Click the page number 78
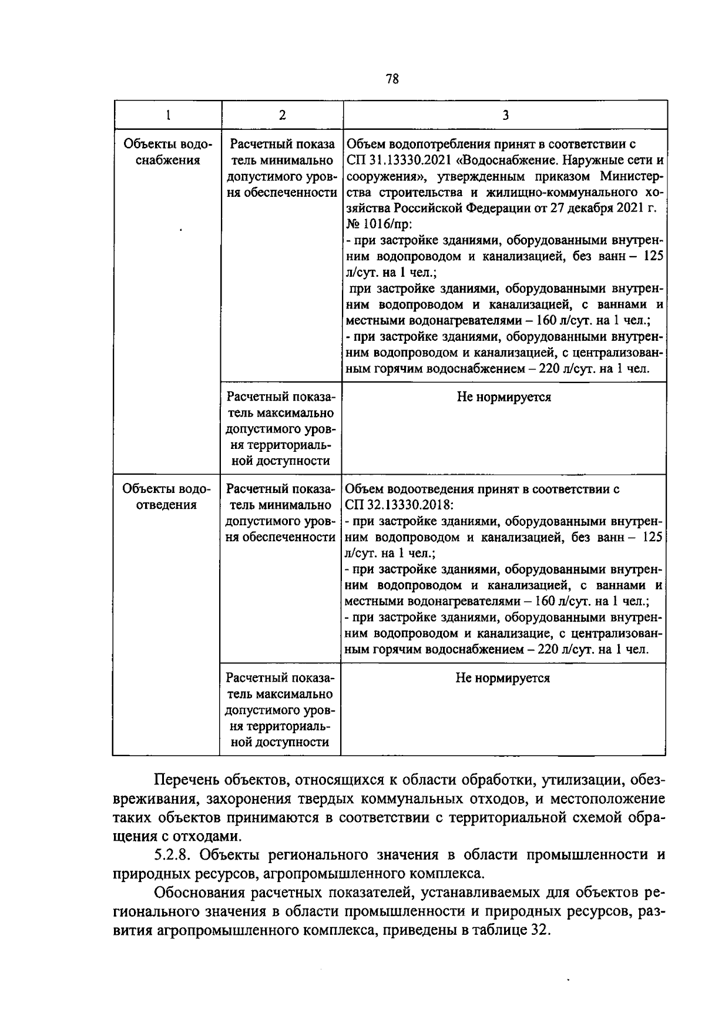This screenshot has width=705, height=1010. [392, 79]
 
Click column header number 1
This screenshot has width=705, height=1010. [167, 115]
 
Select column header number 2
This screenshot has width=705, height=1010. [282, 115]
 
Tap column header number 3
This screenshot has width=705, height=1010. [505, 115]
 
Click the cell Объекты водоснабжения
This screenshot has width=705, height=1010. [167, 152]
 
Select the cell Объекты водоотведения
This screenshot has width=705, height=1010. [166, 497]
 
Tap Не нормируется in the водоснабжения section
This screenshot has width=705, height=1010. [504, 397]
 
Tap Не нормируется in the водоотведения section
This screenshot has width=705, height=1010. [502, 678]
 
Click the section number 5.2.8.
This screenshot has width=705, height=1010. [174, 854]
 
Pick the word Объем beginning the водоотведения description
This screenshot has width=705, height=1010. [362, 489]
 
